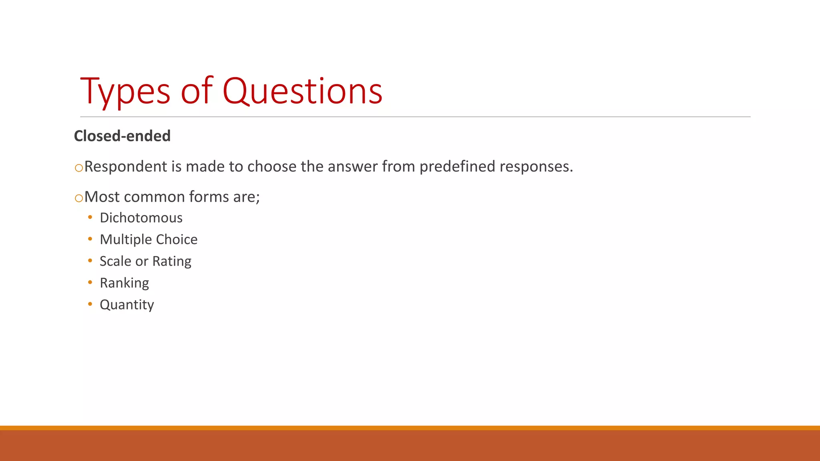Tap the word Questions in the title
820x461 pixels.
(x=302, y=92)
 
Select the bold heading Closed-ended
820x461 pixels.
(x=122, y=136)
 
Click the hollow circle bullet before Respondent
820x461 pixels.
(x=79, y=168)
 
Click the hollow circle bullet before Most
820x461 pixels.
(x=79, y=198)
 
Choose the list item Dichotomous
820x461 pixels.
(x=141, y=218)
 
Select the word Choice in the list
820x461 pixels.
(x=177, y=239)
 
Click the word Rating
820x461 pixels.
(x=172, y=261)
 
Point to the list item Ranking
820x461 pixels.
(x=124, y=283)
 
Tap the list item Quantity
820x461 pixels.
(x=127, y=305)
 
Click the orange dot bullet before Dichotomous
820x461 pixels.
(x=90, y=217)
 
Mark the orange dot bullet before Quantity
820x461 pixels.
(x=90, y=304)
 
